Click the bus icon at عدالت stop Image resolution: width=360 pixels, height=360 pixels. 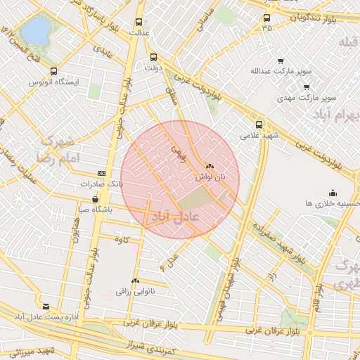[x=139, y=22]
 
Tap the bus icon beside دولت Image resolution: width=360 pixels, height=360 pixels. [x=154, y=57]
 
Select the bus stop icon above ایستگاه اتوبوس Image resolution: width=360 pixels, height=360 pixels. [x=54, y=71]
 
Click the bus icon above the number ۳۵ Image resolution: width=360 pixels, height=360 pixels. [x=266, y=18]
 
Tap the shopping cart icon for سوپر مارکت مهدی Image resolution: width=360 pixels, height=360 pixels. [x=307, y=86]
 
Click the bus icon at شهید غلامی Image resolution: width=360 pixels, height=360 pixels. [x=259, y=124]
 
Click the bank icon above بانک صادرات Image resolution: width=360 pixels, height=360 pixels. [x=102, y=173]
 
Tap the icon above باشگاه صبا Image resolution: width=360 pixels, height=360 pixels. [x=95, y=200]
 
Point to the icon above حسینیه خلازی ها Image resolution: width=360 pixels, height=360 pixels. [x=333, y=193]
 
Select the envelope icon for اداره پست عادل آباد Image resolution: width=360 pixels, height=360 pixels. [x=46, y=307]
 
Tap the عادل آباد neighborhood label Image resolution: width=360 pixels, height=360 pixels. [x=173, y=217]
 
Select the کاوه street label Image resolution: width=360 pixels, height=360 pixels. [x=124, y=240]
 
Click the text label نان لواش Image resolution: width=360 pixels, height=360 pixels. [x=210, y=179]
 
